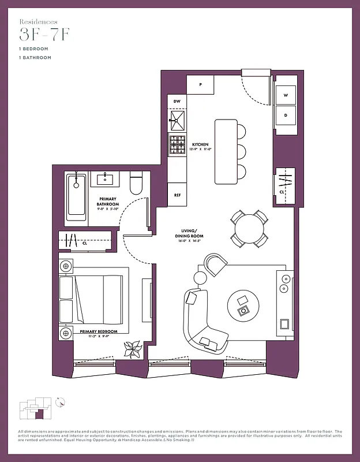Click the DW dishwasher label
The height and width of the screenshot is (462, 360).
[x=177, y=101]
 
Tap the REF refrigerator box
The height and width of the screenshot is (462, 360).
[x=177, y=195]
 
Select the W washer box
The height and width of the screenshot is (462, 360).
[x=286, y=95]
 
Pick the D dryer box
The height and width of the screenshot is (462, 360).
[x=286, y=115]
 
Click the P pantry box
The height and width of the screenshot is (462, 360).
[x=200, y=84]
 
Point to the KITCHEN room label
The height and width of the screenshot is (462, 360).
[x=200, y=144]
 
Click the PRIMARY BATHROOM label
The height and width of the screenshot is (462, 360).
[x=108, y=202]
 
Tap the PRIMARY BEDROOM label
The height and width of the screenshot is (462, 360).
[x=99, y=331]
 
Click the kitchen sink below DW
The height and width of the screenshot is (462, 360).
[x=177, y=120]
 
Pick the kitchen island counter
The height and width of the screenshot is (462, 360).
[x=226, y=151]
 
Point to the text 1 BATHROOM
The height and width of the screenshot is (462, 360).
[x=35, y=58]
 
